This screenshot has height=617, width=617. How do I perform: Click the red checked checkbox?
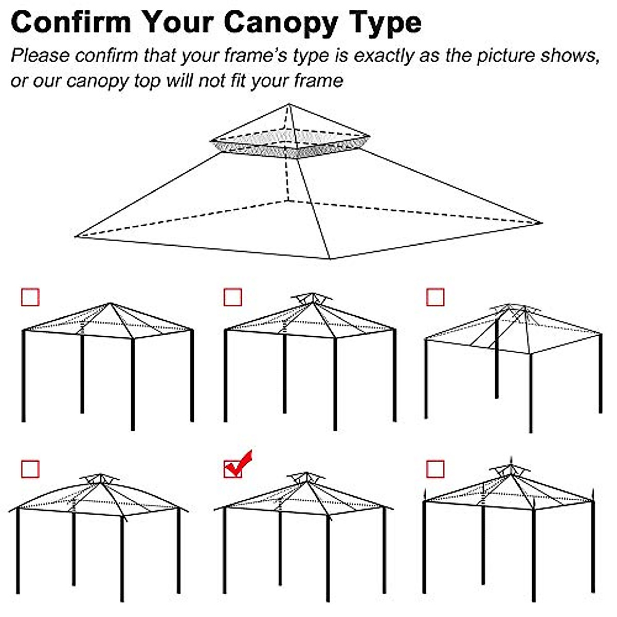tap(233, 468)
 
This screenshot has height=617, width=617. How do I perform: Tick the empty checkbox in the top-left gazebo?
tap(30, 297)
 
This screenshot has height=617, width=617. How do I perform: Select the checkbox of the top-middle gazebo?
tap(233, 297)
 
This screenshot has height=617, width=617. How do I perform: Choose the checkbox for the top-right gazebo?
tap(435, 297)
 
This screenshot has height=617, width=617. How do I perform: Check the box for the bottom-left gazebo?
tap(30, 469)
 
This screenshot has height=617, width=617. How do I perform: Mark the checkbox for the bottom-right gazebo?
tap(435, 469)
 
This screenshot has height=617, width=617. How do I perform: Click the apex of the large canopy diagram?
tap(289, 105)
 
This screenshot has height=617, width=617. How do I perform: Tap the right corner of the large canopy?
tap(541, 223)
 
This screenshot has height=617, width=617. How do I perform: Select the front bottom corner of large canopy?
tap(329, 258)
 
